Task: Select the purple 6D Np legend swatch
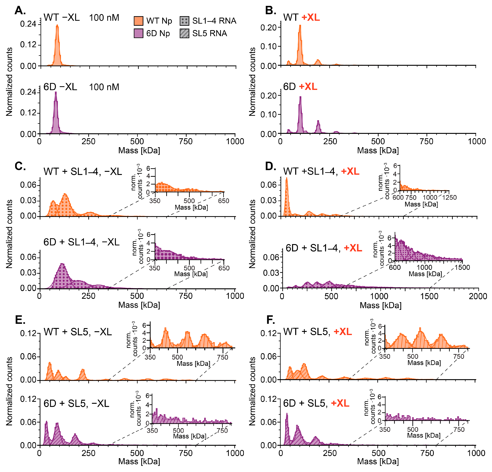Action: pos(139,33)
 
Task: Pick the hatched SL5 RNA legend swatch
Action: pos(184,33)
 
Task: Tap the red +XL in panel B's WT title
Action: pos(311,18)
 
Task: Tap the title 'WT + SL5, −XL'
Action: pos(78,332)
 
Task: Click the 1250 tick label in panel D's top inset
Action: pos(449,198)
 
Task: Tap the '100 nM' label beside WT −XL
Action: pos(104,18)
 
